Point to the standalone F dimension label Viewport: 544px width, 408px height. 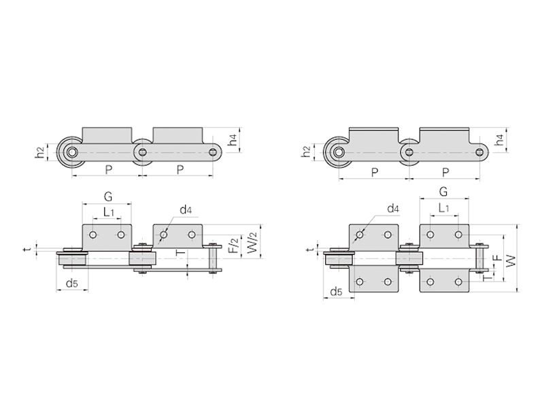(x=498, y=258)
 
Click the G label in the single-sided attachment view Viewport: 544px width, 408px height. (x=108, y=197)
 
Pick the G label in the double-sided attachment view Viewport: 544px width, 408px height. (x=443, y=192)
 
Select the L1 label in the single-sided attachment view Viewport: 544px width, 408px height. (x=109, y=211)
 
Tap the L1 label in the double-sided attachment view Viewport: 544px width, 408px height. (x=444, y=208)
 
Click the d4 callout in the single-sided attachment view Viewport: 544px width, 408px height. (x=186, y=209)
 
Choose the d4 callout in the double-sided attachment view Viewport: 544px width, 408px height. (x=393, y=209)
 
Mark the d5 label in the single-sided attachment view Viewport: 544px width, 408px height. (x=72, y=284)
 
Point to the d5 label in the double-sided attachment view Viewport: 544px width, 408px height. (x=336, y=292)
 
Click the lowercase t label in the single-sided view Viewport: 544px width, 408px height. (x=28, y=249)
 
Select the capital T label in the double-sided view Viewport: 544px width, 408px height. (x=488, y=277)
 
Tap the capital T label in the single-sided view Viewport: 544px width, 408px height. (x=181, y=252)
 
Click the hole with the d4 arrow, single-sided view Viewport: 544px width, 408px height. (x=163, y=235)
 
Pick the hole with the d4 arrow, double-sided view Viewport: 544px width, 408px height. (x=360, y=235)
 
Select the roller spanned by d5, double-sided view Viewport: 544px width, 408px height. (x=339, y=259)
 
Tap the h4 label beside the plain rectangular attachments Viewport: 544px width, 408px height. (x=234, y=140)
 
